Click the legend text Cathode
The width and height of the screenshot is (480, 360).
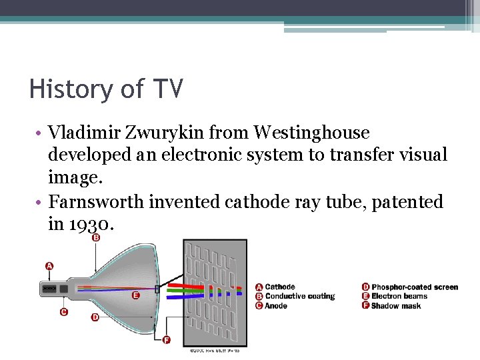pos(280,287)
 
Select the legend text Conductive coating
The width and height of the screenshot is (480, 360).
pos(300,296)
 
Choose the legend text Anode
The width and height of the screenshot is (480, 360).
pos(276,305)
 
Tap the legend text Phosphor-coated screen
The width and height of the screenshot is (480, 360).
pos(415,287)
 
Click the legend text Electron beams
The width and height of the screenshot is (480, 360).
pos(400,296)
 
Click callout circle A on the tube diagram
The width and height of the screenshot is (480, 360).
pos(49,266)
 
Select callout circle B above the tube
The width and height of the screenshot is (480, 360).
pos(96,237)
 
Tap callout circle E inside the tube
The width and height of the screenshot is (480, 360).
pos(136,295)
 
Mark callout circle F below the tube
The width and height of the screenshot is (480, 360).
pos(167,340)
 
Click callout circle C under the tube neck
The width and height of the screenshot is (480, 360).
pos(63,311)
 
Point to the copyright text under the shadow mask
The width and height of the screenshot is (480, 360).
pos(215,349)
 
